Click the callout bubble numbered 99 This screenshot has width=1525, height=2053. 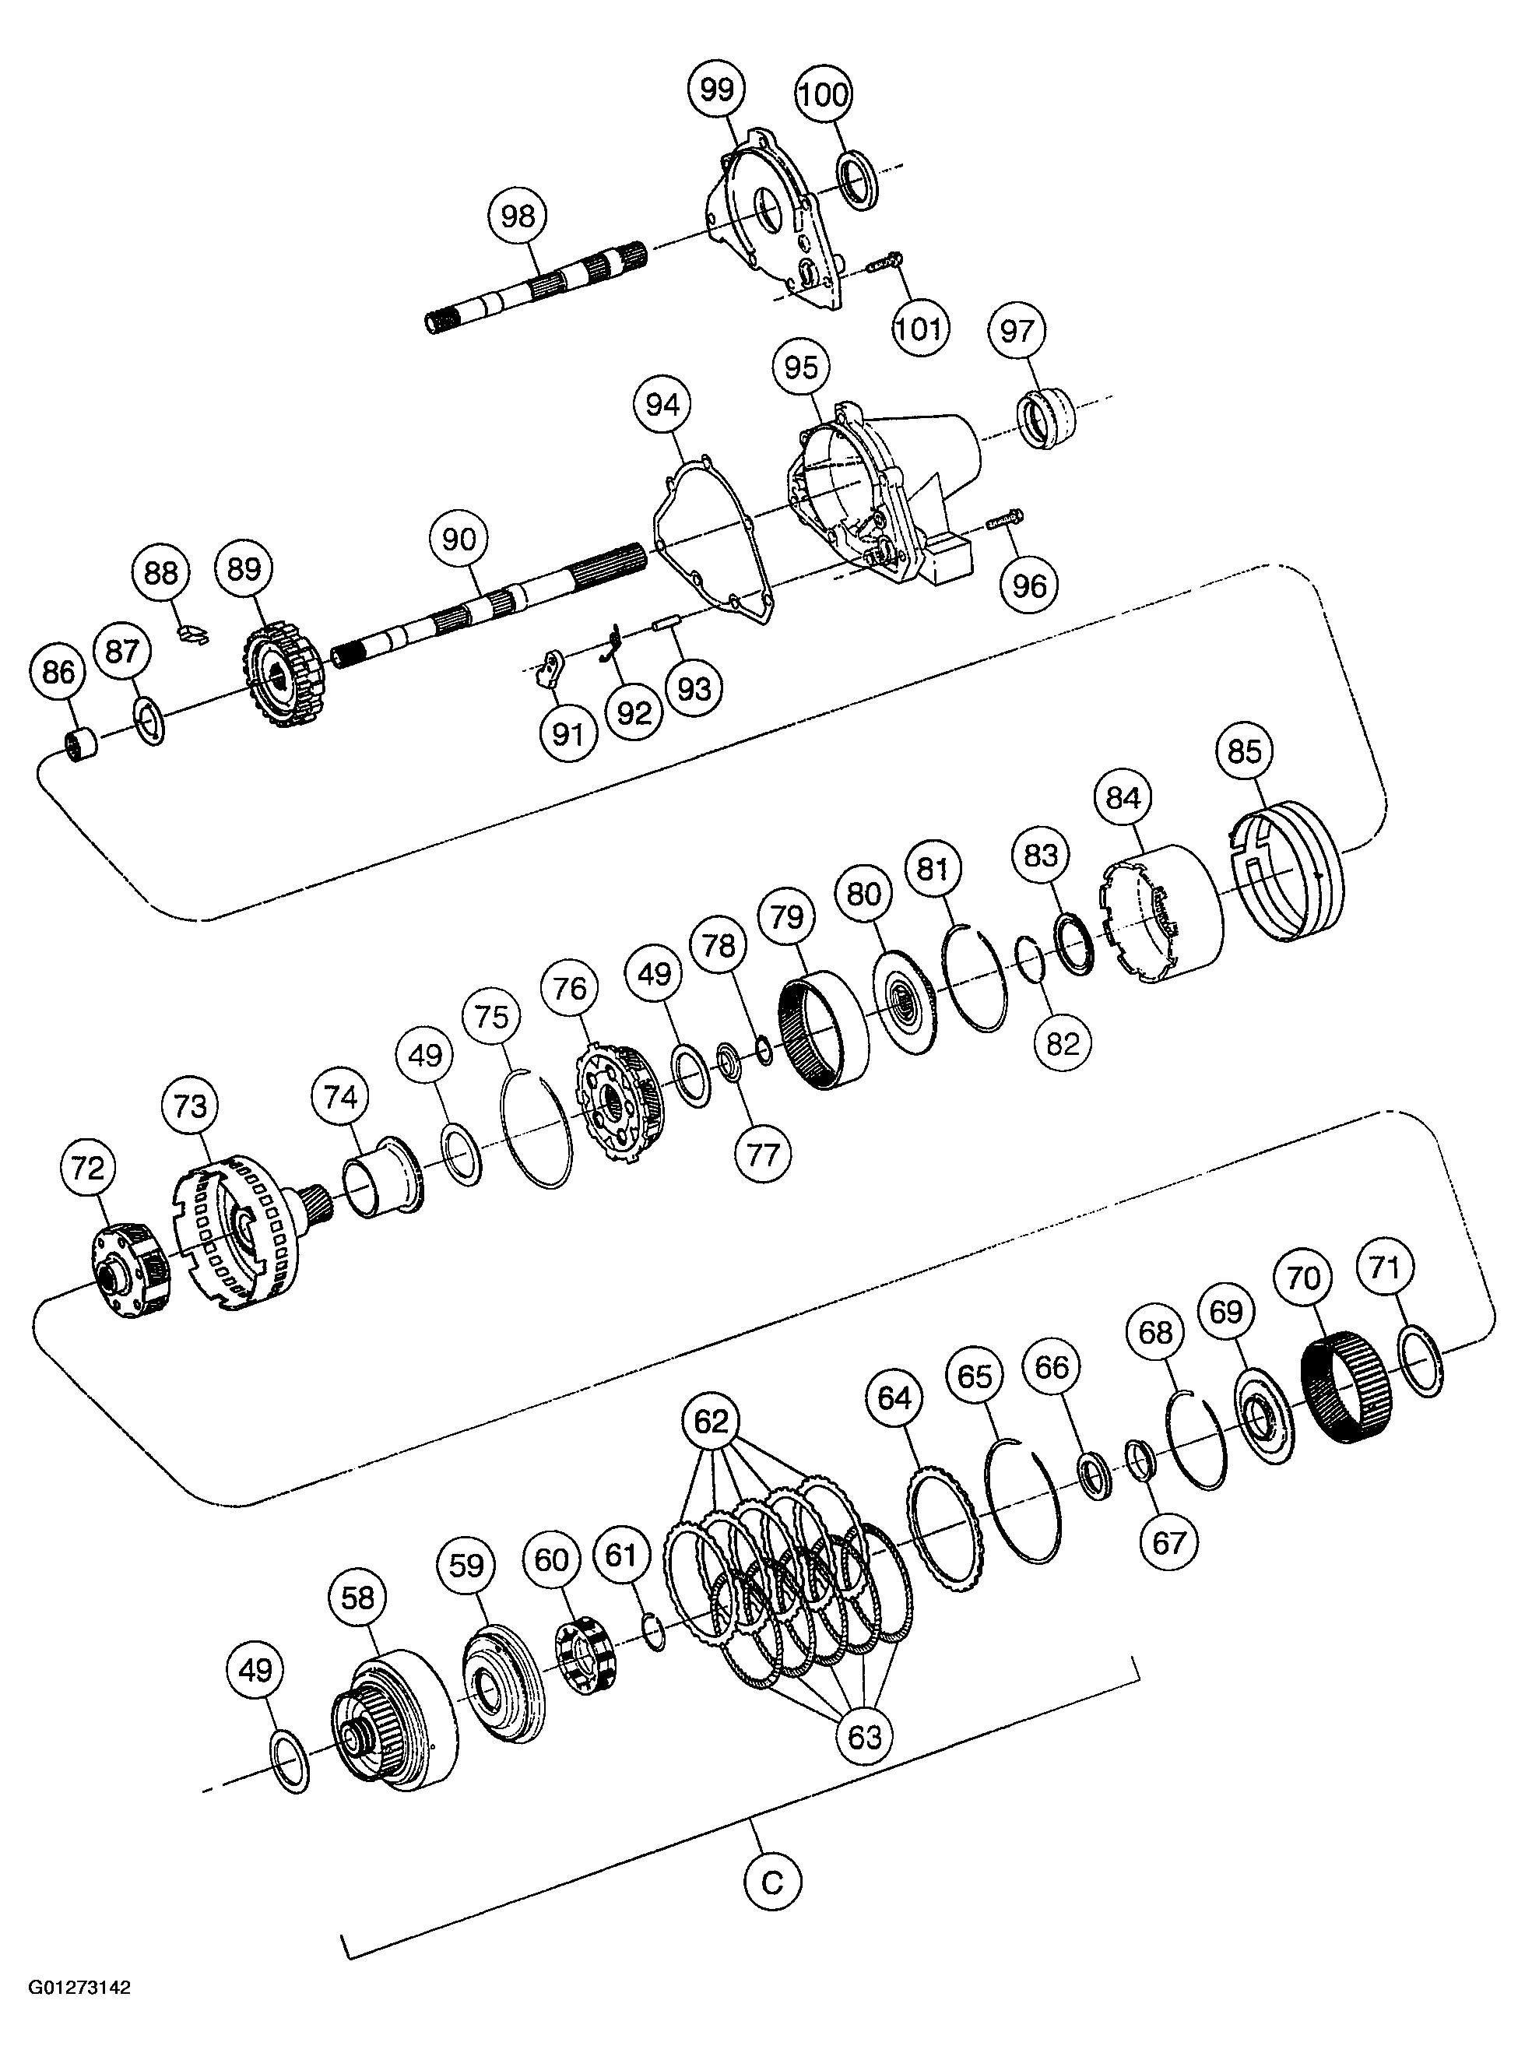coord(716,90)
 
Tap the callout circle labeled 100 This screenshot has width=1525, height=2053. coord(824,94)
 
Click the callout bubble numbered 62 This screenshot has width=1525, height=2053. coord(711,1422)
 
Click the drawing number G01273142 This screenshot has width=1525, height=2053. coord(80,2007)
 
